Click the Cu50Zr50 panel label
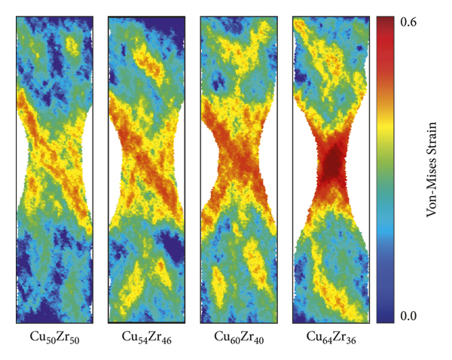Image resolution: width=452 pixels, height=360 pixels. coord(53,337)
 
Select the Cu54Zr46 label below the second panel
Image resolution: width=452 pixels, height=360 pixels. coord(145,337)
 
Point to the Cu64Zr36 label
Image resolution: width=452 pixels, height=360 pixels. coord(331,337)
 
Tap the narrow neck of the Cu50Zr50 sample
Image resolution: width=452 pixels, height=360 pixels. coord(53,162)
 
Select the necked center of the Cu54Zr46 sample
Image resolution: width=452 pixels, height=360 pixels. coord(145,162)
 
